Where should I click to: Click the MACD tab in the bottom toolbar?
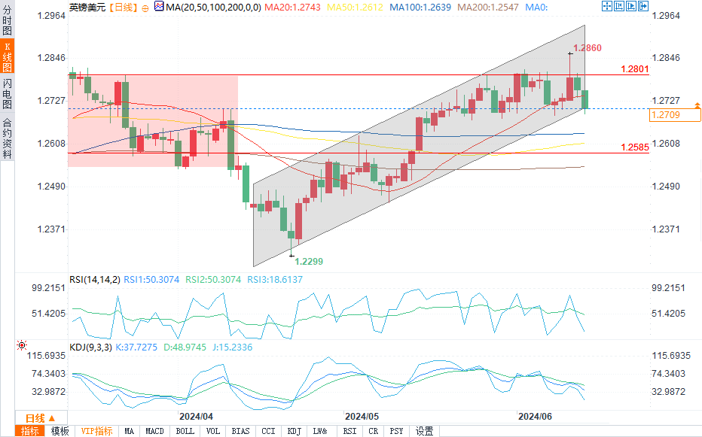(x=154, y=431)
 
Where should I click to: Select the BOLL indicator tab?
(x=185, y=431)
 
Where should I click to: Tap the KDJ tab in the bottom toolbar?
(x=294, y=431)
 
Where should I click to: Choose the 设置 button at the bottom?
(x=424, y=431)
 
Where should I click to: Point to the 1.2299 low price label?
(x=309, y=261)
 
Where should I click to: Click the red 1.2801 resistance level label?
(x=634, y=69)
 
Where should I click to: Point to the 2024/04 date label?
(x=196, y=415)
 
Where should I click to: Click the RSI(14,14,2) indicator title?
(x=95, y=279)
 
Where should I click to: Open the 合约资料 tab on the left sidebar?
(x=7, y=138)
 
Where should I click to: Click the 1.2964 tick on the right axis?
(x=666, y=15)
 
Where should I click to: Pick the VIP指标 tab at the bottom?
(x=97, y=431)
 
